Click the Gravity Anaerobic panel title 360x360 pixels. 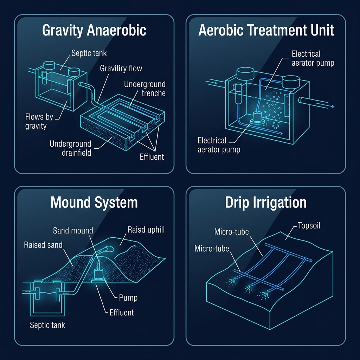point(94,31)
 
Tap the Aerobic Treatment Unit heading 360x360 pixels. point(266,31)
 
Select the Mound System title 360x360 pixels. point(94,203)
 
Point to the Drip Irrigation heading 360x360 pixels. point(266,203)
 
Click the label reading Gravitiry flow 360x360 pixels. point(121,68)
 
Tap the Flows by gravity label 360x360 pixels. point(39,121)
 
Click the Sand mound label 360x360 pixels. point(73,231)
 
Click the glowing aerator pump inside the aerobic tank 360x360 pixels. point(257,118)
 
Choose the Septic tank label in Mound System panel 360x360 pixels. point(47,325)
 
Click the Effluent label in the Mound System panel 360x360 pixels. point(122,312)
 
